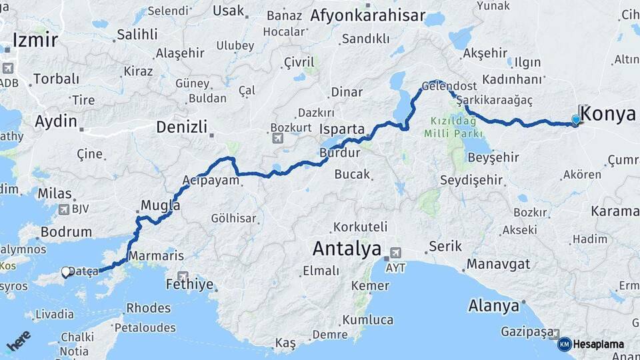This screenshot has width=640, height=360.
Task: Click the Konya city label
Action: pyautogui.click(x=610, y=113)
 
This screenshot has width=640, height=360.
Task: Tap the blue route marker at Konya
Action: pyautogui.click(x=576, y=120)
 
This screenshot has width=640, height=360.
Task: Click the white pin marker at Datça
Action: pyautogui.click(x=66, y=272)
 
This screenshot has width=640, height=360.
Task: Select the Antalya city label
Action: pyautogui.click(x=346, y=249)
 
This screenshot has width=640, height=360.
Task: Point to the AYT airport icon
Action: pyautogui.click(x=396, y=253)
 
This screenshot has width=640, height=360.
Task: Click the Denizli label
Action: pyautogui.click(x=181, y=127)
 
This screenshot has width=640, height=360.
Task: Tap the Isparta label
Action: pyautogui.click(x=342, y=129)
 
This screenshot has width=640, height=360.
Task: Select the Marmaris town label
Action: pyautogui.click(x=155, y=255)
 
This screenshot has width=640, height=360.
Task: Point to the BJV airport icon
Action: pyautogui.click(x=64, y=209)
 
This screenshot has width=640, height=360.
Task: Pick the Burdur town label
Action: pyautogui.click(x=339, y=153)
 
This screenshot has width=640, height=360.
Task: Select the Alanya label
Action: pyautogui.click(x=493, y=306)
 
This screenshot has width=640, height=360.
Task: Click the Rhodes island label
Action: pyautogui.click(x=148, y=307)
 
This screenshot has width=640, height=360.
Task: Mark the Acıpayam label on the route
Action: pyautogui.click(x=211, y=181)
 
